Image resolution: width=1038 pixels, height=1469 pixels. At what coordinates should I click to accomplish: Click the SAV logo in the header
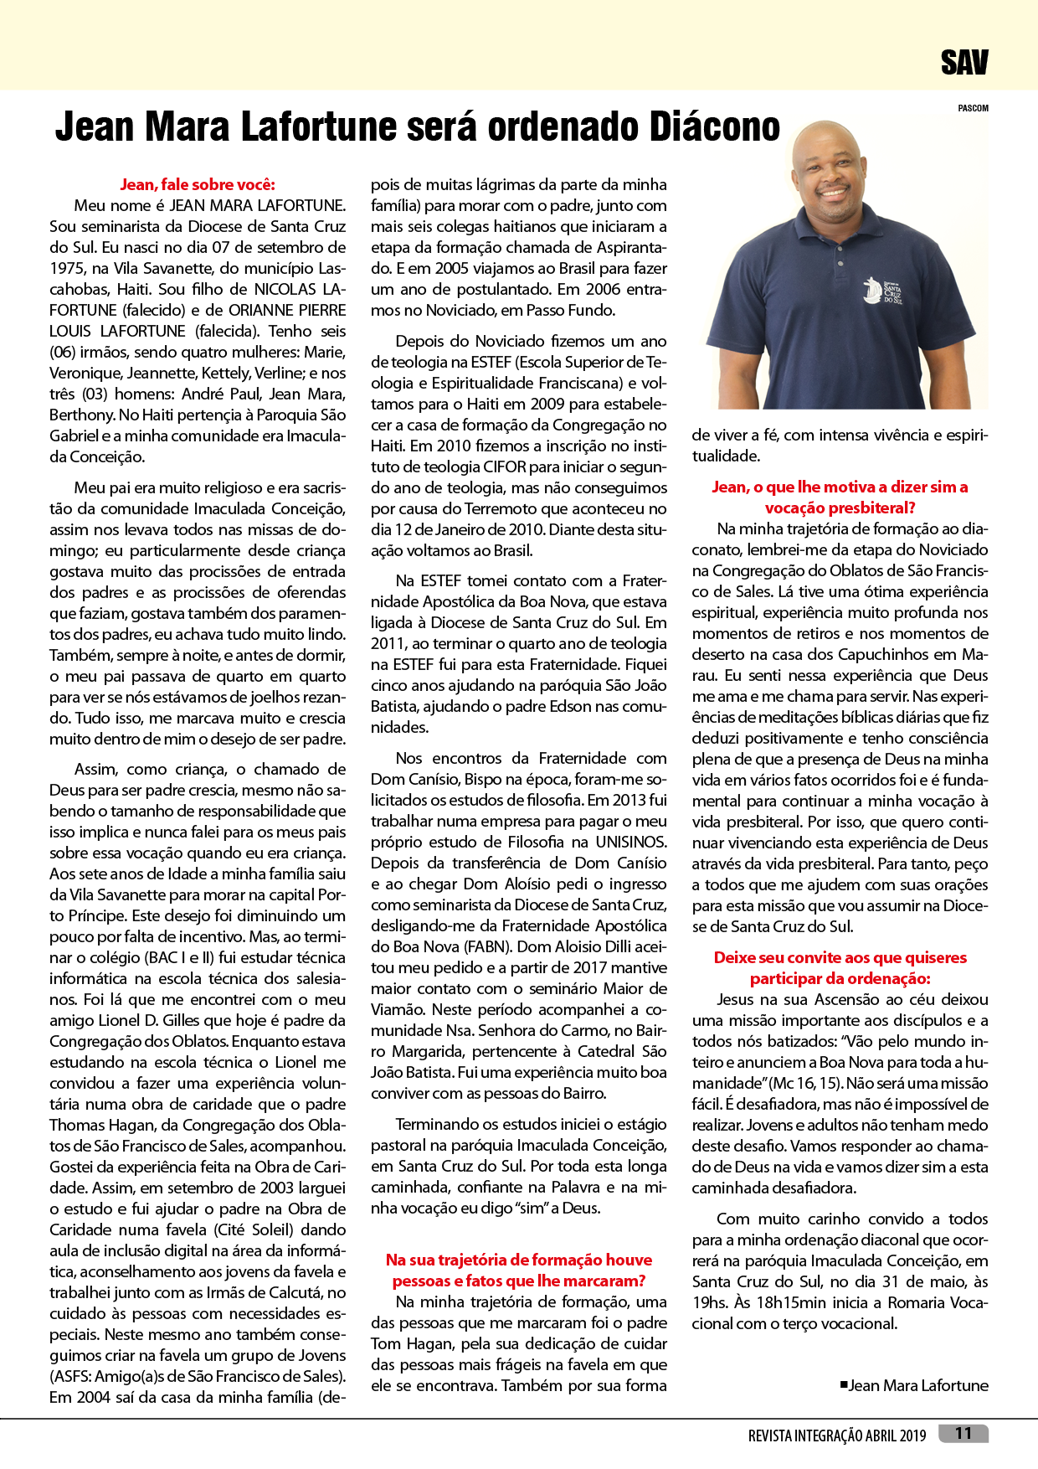coord(964,63)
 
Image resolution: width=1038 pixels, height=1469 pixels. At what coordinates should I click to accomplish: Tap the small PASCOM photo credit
coord(973,108)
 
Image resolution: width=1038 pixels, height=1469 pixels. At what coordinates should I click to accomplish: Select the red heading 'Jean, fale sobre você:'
coord(198,184)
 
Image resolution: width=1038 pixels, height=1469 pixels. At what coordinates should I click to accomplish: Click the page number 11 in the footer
coord(963,1434)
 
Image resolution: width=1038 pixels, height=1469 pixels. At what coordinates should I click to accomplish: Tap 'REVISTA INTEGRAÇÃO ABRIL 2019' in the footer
coord(837,1435)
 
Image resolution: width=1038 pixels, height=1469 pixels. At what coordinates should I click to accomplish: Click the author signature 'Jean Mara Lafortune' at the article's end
coord(918,1385)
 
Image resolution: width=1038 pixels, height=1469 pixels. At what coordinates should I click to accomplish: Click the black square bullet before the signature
coord(844,1384)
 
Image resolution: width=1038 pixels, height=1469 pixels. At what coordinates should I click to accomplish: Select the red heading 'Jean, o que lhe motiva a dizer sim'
coord(840,487)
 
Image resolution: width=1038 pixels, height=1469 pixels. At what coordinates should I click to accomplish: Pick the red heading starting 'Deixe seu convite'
coord(840,958)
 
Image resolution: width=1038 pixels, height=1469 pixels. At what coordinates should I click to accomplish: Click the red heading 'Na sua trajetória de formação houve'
coord(519,1260)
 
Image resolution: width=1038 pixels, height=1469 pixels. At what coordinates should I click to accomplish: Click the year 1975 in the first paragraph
coord(67,268)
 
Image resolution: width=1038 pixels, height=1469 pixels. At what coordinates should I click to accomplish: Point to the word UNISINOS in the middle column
coord(631,842)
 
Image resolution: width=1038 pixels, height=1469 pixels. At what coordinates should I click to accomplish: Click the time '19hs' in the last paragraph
coord(710,1302)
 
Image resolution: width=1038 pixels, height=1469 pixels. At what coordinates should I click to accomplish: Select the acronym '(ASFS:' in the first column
coord(70,1376)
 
